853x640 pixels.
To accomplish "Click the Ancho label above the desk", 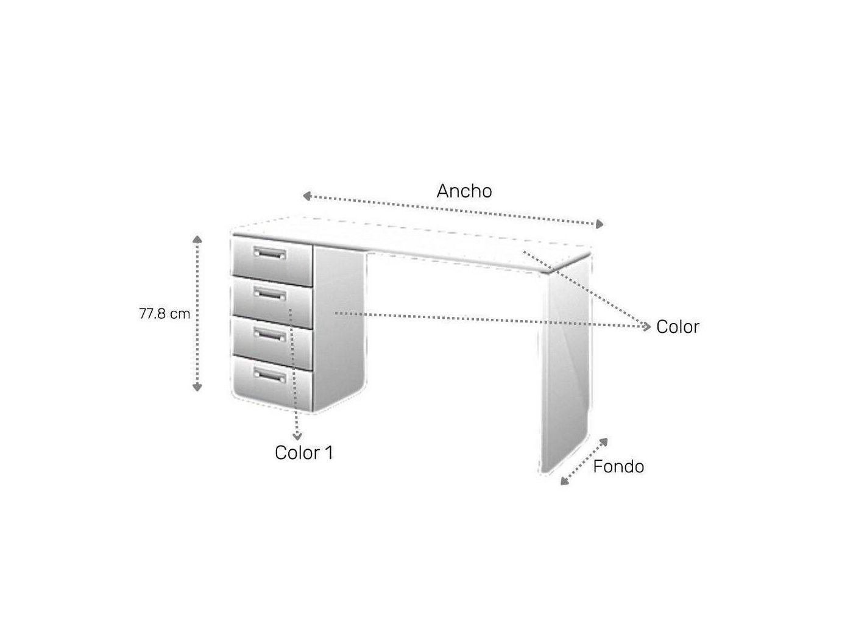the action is pos(464,191).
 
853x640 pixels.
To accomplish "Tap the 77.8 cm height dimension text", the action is pos(165,313).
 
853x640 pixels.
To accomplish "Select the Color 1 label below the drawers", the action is pos(304,452).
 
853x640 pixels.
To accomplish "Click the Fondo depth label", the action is pos(618,466).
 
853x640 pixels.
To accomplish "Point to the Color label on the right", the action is pos(678,327).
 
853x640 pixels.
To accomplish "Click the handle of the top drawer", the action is pos(270,253).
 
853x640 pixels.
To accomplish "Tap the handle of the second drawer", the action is pos(270,294).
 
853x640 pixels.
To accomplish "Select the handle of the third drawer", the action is pos(270,335).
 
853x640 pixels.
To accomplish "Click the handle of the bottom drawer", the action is pos(270,375).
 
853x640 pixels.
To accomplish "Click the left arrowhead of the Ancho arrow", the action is pos(306,196).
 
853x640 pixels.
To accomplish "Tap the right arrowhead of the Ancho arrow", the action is pos(600,224).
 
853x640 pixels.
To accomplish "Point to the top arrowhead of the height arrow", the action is pos(197,239).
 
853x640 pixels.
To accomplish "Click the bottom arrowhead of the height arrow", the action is pos(197,387).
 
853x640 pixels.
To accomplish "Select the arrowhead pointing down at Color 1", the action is pos(297,436).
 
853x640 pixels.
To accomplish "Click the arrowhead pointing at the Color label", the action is pos(646,327).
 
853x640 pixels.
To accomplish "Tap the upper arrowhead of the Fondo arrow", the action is pos(604,442).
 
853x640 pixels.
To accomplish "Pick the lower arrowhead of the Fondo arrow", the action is pos(564,482).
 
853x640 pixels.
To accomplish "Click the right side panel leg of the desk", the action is pos(566,363).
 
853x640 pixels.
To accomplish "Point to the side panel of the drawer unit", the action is pos(339,329).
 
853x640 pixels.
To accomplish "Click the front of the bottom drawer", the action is pos(272,383).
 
